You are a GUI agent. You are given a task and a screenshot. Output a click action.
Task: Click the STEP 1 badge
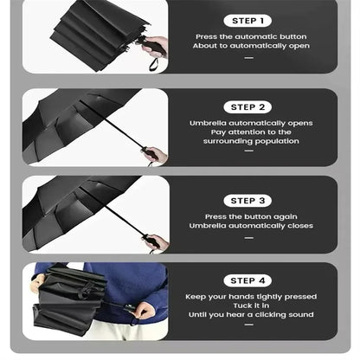[x=249, y=20]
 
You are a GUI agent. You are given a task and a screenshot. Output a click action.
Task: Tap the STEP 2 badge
[x=249, y=107]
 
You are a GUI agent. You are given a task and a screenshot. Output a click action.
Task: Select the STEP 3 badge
[x=249, y=201]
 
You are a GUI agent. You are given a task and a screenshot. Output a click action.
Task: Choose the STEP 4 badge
[x=249, y=280]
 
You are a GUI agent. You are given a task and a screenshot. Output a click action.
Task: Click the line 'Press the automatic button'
[x=250, y=37]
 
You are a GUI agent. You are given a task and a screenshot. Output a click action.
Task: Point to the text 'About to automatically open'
[x=250, y=46]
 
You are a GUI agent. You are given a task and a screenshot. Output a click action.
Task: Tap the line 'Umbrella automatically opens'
[x=250, y=123]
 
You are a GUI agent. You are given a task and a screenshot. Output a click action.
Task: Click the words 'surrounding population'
[x=250, y=140]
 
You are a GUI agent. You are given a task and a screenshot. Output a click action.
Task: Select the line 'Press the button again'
[x=250, y=216]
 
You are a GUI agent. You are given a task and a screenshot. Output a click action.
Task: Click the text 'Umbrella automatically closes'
[x=250, y=226]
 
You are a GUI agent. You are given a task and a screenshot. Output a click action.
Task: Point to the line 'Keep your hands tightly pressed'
[x=250, y=297]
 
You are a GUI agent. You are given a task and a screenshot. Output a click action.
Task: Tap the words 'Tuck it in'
[x=250, y=305]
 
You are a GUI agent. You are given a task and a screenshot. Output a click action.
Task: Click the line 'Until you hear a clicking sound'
[x=250, y=315]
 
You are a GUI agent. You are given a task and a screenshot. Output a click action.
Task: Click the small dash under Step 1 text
[x=249, y=58]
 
